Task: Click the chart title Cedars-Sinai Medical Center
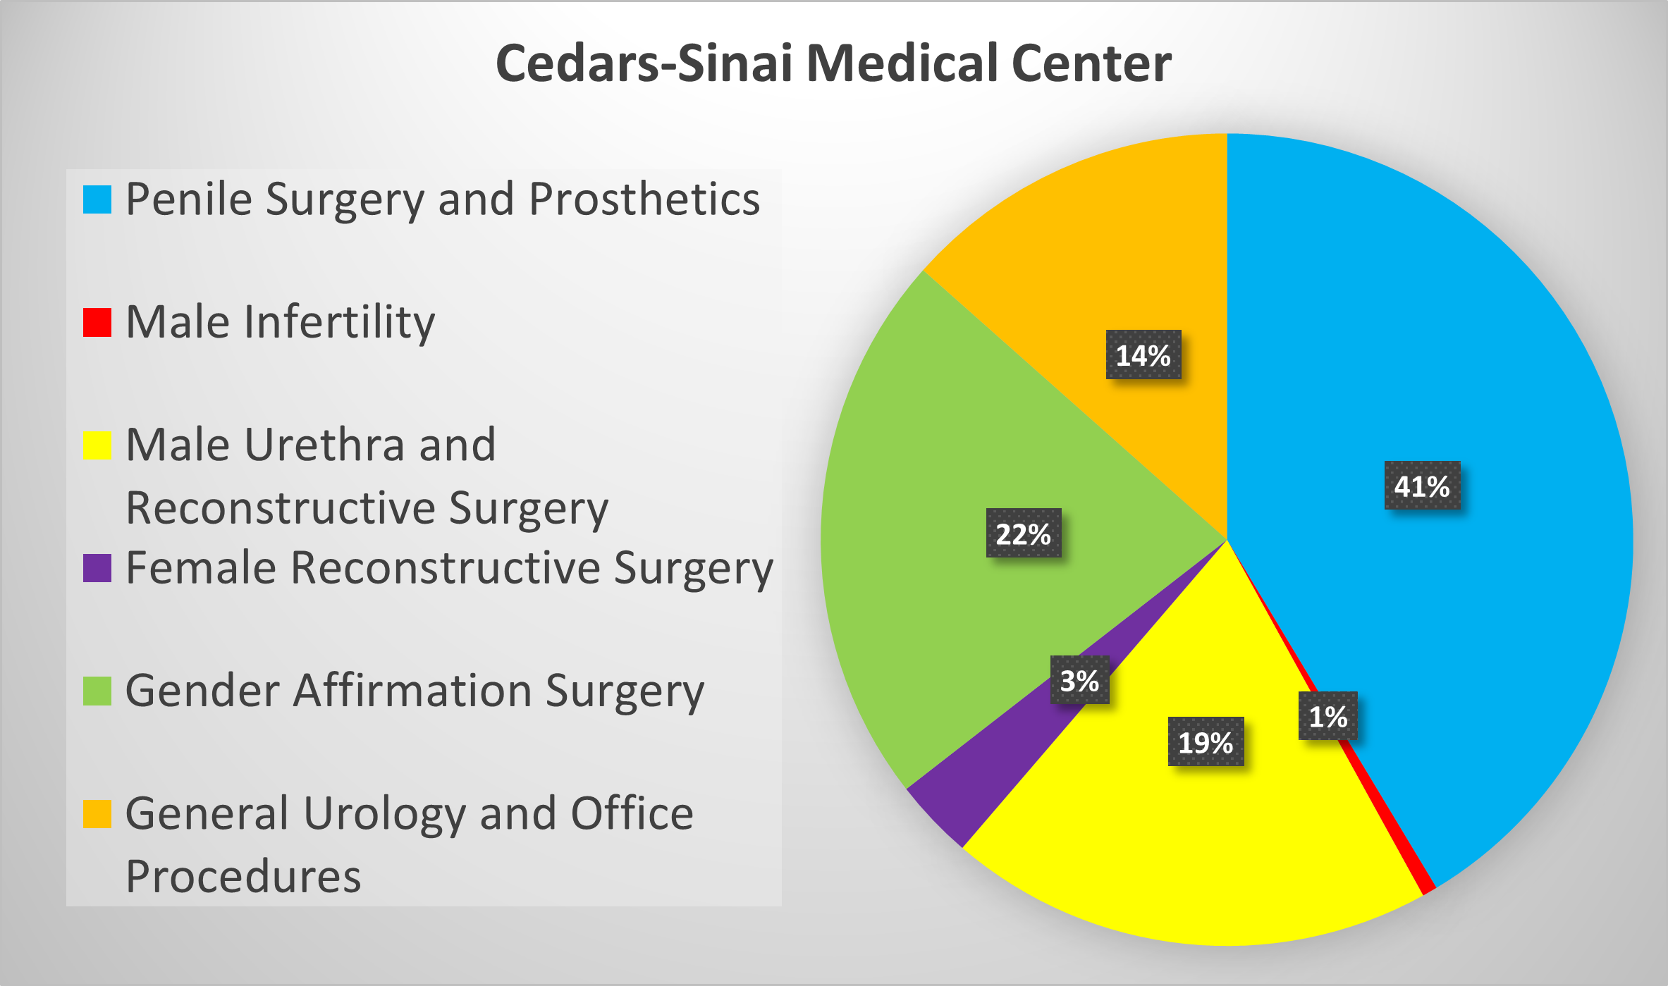833,63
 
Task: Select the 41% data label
1422,486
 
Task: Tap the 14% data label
1143,355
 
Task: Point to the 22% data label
1023,534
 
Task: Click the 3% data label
1079,680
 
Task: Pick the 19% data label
1206,741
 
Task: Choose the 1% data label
1327,716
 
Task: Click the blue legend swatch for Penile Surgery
97,199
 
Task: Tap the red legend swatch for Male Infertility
97,323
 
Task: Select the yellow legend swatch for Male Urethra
97,445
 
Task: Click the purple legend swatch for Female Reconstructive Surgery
97,568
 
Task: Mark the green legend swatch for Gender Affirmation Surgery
97,691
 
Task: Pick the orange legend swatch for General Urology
97,814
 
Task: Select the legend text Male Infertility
280,323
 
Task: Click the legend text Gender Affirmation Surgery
415,691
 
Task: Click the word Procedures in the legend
243,876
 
